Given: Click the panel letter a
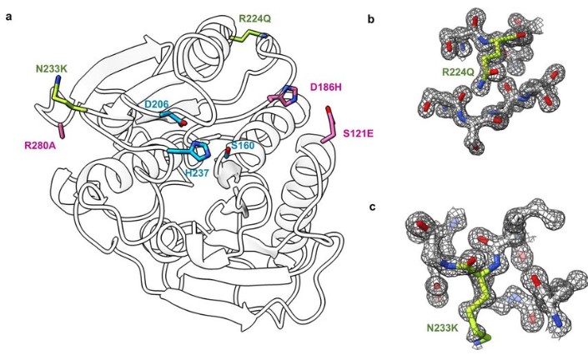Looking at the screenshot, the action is pyautogui.click(x=8, y=17).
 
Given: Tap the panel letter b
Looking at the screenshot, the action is pyautogui.click(x=371, y=19).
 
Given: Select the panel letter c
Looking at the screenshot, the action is pyautogui.click(x=372, y=207).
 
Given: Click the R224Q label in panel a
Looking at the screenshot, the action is pyautogui.click(x=255, y=18).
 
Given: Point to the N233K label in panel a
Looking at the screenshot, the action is pyautogui.click(x=52, y=69).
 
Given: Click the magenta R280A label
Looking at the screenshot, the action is pyautogui.click(x=40, y=145).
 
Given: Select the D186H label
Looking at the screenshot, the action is pyautogui.click(x=326, y=87).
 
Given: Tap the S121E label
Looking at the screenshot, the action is pyautogui.click(x=359, y=133).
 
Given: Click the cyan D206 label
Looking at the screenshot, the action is pyautogui.click(x=157, y=104).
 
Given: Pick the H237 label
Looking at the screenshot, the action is pyautogui.click(x=197, y=172).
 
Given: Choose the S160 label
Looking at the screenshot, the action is pyautogui.click(x=243, y=145).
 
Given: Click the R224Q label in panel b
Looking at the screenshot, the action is pyautogui.click(x=458, y=72).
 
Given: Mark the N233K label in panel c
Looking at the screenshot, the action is pyautogui.click(x=443, y=328).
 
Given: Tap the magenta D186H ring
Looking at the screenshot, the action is pyautogui.click(x=289, y=95).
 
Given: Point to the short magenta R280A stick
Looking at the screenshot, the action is pyautogui.click(x=62, y=131).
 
